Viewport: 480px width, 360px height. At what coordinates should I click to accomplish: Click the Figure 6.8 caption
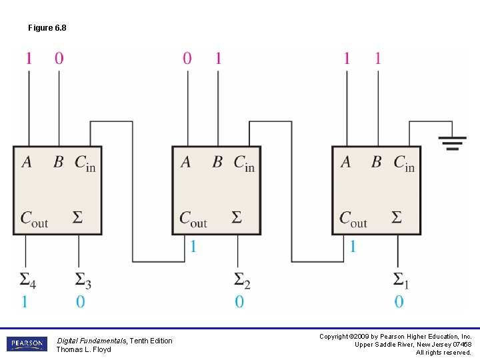[x=47, y=28]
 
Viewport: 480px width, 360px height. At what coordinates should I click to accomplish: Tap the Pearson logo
[x=27, y=344]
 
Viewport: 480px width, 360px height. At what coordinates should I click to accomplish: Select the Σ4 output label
[x=27, y=279]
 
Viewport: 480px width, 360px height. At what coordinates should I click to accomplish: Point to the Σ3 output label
[x=82, y=279]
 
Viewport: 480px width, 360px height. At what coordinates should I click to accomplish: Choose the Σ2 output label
[x=242, y=279]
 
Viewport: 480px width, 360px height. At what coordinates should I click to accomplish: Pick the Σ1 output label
[x=401, y=279]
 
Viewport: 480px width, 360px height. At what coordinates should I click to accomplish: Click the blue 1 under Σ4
[x=25, y=302]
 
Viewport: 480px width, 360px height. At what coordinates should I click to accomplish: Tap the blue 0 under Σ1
[x=399, y=302]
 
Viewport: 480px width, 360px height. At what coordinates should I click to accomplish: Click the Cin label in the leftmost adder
[x=85, y=163]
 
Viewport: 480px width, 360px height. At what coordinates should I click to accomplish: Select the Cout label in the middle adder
[x=193, y=219]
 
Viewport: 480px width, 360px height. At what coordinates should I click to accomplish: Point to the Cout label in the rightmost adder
[x=353, y=219]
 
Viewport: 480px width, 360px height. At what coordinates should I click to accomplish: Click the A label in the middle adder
[x=185, y=162]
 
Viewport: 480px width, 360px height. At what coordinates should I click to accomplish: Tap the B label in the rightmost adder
[x=377, y=162]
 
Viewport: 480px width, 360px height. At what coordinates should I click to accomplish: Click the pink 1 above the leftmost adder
[x=28, y=59]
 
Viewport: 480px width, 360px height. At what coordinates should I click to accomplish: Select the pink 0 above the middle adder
[x=187, y=59]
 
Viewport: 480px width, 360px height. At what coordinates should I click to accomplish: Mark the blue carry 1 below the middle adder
[x=193, y=247]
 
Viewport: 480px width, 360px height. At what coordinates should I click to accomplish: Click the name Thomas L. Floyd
[x=83, y=349]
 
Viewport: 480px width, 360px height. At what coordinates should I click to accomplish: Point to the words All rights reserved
[x=443, y=353]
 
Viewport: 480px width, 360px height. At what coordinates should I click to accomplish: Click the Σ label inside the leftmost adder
[x=77, y=217]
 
